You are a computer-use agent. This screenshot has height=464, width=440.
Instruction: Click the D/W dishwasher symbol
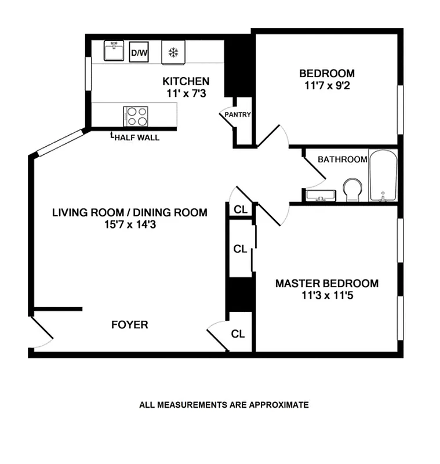point(139,52)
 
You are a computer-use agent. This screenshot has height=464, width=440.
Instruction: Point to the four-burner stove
point(136,116)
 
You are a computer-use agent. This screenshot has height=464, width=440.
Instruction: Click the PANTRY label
point(238,115)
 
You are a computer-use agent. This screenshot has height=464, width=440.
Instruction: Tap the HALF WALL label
point(136,137)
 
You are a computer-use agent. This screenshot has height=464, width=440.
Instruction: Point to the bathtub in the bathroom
point(383,176)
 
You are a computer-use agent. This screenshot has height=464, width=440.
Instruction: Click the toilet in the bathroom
point(352,189)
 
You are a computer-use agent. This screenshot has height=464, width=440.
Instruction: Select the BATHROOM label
point(342,159)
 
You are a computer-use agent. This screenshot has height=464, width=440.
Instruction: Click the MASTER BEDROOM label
point(327,284)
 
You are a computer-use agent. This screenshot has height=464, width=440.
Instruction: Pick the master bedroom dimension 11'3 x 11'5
point(327,295)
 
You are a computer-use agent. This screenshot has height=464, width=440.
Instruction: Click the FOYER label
point(130,325)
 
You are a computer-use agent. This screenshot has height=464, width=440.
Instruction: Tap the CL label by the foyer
point(238,334)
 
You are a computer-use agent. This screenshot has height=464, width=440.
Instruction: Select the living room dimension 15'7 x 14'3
point(130,224)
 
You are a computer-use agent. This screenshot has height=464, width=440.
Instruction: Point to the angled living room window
point(60,143)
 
